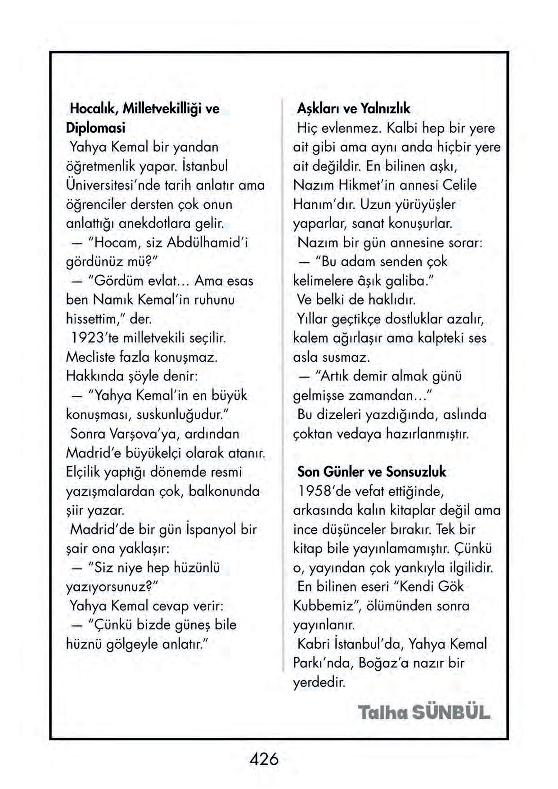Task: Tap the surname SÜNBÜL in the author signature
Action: pos(451,713)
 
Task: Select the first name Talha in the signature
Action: pos(383,713)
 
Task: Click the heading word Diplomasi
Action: pos(95,128)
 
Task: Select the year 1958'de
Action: pos(324,491)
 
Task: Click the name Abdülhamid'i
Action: pos(207,242)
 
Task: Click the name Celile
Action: pos(459,185)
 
